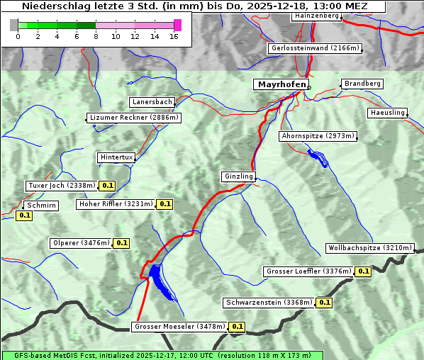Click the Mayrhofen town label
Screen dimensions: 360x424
pos(281,84)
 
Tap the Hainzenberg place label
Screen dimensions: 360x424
pos(316,15)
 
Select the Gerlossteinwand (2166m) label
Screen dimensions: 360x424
pos(315,48)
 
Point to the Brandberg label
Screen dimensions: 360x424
pos(362,84)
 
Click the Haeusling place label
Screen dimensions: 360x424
pos(387,113)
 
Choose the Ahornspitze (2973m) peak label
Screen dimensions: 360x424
pos(317,135)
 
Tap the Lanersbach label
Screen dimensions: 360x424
pos(152,102)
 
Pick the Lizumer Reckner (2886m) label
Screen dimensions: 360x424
pos(133,118)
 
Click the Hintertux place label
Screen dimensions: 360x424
pos(116,157)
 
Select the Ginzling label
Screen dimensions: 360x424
pos(238,176)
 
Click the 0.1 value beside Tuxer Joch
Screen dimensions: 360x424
pos(107,186)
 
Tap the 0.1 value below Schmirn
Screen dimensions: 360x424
pos(24,215)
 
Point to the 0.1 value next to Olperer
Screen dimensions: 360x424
pos(121,243)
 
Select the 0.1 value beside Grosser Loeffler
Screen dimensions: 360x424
pos(363,271)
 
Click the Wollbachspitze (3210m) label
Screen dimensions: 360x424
pos(369,248)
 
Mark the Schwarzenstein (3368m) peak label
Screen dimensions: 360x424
pos(269,303)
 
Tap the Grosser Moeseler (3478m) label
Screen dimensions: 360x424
pos(180,327)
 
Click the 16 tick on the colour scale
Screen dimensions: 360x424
pos(173,36)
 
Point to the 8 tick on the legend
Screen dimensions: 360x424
pos(96,36)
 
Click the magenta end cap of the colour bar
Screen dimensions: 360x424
pos(177,25)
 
